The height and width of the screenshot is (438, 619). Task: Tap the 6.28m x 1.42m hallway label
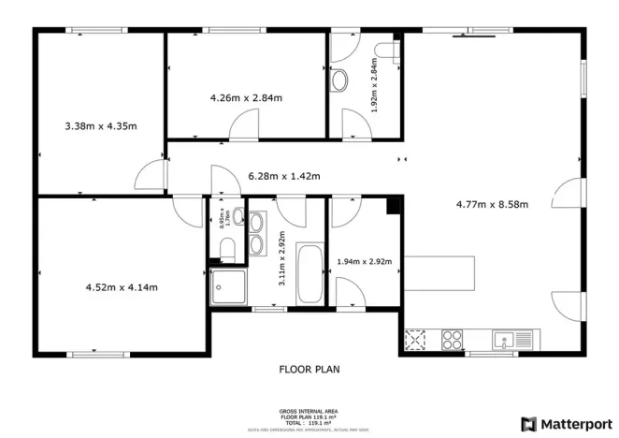tap(283, 175)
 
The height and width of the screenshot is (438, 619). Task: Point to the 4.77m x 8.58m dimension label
tap(492, 204)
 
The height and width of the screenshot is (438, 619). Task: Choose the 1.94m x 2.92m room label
tap(364, 261)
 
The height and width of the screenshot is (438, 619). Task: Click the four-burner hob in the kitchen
tap(453, 339)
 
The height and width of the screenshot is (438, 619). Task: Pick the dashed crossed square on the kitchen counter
tap(415, 339)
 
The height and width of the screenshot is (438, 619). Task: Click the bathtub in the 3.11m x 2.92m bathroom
tap(309, 273)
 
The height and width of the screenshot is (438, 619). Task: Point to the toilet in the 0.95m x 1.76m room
tap(224, 247)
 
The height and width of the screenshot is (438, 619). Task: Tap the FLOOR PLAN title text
tap(309, 369)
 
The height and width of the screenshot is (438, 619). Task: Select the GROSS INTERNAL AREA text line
tap(309, 411)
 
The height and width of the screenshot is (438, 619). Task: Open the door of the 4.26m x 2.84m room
tap(245, 124)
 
